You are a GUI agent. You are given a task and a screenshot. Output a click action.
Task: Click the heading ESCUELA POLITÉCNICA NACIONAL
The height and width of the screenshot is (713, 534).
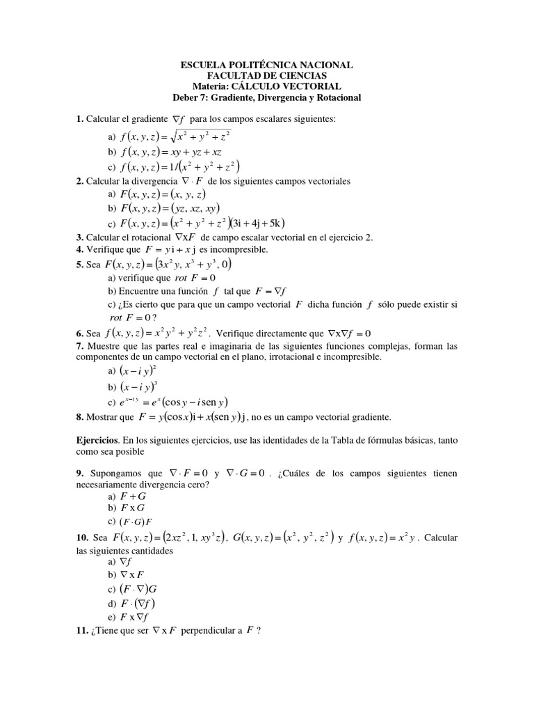tap(266, 65)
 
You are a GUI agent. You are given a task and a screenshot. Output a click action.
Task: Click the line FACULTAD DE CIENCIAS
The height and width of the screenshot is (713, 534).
tap(266, 76)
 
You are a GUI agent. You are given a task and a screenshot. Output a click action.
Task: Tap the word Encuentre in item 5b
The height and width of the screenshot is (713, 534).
tap(136, 292)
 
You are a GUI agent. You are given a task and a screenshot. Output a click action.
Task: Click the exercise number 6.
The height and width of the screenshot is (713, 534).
tap(80, 333)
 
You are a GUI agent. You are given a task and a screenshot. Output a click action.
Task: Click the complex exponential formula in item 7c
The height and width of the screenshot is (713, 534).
tap(175, 402)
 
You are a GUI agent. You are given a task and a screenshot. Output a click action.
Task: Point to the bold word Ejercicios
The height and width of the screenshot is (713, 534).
tap(99, 441)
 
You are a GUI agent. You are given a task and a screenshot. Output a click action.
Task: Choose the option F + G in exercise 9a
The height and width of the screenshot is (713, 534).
tap(133, 497)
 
